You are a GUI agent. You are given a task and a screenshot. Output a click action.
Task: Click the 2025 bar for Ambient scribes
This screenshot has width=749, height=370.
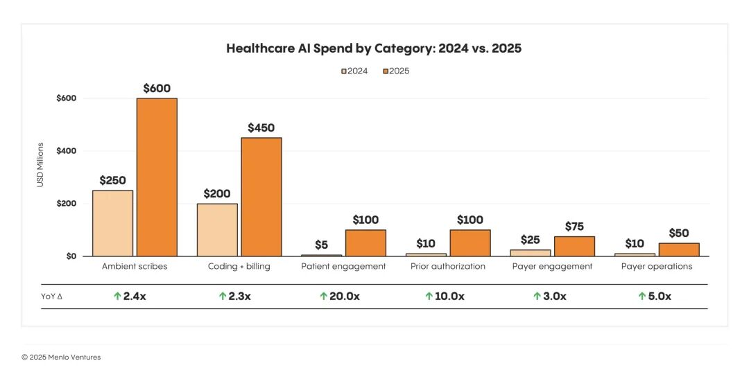pos(157,177)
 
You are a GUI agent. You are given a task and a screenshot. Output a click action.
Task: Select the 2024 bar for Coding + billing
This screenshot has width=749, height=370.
pos(217,230)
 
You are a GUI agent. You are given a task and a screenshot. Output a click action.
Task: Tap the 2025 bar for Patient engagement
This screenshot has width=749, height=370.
pos(365,243)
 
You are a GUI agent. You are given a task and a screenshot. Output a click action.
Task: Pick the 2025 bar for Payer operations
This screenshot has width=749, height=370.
pos(679,249)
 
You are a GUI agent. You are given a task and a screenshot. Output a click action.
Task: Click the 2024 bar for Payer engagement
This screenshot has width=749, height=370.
pos(530,253)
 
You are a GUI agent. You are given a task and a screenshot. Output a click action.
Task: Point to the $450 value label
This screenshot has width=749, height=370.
pos(261,128)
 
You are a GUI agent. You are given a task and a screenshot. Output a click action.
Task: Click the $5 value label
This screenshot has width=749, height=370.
pos(321,245)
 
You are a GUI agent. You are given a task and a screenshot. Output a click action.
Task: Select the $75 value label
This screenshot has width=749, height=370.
pos(574,227)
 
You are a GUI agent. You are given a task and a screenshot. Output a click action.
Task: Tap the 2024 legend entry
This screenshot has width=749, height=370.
pos(354,71)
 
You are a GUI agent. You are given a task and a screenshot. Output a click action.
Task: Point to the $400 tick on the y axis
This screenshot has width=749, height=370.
pos(67,151)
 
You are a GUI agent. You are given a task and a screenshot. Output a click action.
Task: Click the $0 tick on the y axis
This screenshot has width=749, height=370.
pos(70,256)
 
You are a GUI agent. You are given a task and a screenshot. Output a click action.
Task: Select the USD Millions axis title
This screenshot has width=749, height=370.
pos(40,165)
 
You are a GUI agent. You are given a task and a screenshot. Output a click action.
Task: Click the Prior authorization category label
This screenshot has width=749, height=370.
pos(448,266)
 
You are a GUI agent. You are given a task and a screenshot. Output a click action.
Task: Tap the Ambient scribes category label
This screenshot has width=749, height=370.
pos(135,266)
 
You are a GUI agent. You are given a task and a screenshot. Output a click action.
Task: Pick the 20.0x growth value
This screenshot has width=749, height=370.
pos(344,297)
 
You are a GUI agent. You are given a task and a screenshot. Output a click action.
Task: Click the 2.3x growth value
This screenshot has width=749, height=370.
pos(240,297)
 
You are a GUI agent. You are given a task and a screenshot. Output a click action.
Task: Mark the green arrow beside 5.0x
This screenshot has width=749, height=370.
pos(642,297)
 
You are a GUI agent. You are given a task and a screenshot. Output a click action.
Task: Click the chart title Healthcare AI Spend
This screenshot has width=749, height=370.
pos(374,49)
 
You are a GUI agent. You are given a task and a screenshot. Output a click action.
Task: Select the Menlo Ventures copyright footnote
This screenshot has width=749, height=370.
pos(61,358)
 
